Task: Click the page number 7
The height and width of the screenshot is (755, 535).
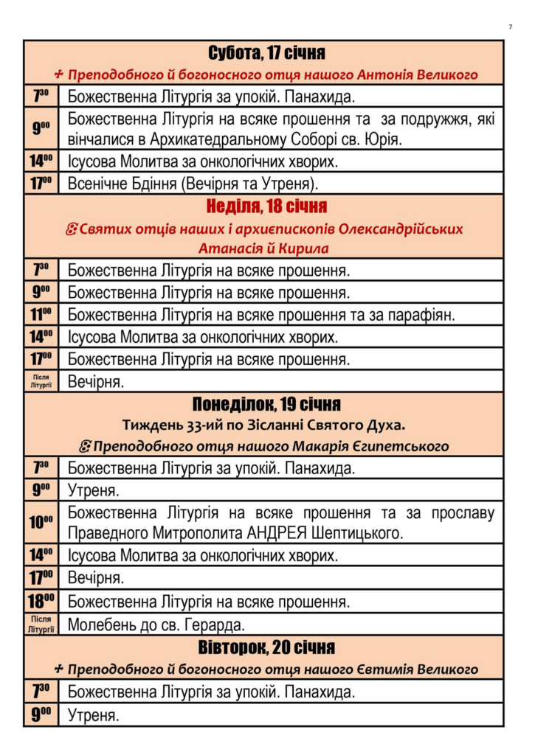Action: tap(510, 27)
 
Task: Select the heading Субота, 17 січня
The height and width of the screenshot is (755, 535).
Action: tap(266, 53)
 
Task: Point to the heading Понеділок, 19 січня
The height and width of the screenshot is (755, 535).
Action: tap(266, 405)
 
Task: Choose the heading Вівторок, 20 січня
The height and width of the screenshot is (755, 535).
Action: tap(266, 648)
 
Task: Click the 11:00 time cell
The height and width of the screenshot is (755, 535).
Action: tap(41, 315)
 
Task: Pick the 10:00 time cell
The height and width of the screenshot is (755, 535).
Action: tap(41, 523)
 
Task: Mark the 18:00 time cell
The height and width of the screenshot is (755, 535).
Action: tap(41, 601)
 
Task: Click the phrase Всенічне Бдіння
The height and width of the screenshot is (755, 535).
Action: tap(128, 183)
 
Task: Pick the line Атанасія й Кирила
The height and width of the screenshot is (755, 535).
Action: tap(263, 248)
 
